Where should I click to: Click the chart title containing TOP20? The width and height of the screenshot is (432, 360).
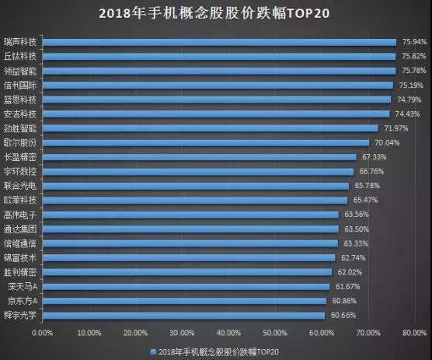[x=216, y=14]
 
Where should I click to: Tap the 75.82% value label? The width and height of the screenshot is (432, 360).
[x=413, y=56]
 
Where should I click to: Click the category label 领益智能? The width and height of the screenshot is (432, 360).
[x=20, y=70]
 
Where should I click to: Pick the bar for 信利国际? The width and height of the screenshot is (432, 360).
[x=218, y=85]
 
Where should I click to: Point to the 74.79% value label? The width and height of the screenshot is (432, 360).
[x=409, y=100]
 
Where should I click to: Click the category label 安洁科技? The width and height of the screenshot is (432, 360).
[x=20, y=114]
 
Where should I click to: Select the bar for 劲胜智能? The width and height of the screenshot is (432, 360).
[x=210, y=128]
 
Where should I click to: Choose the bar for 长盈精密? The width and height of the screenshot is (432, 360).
[x=199, y=157]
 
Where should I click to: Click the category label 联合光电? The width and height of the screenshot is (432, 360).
[x=20, y=186]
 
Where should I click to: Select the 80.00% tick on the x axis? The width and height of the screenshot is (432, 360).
[x=415, y=333]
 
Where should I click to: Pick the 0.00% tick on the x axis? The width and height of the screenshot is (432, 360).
[x=43, y=333]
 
